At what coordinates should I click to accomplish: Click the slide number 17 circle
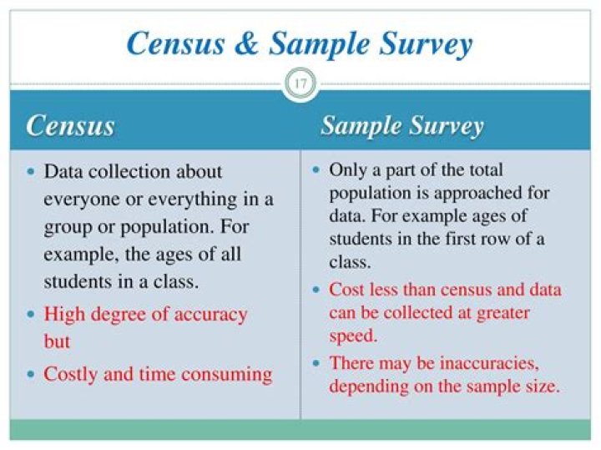click(300, 83)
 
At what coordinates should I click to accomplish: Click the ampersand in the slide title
click(245, 43)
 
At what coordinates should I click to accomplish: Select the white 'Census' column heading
click(70, 126)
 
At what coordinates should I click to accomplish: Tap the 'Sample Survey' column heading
click(402, 126)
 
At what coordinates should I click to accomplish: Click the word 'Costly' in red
click(71, 373)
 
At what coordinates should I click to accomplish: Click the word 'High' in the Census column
click(63, 315)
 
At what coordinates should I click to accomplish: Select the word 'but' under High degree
click(57, 342)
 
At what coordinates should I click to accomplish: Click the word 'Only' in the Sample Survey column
click(348, 170)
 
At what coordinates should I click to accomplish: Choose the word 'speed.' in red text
click(353, 336)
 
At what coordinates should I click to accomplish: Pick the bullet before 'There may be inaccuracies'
click(317, 363)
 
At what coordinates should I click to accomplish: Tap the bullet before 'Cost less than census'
click(317, 290)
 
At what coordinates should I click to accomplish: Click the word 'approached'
click(488, 194)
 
